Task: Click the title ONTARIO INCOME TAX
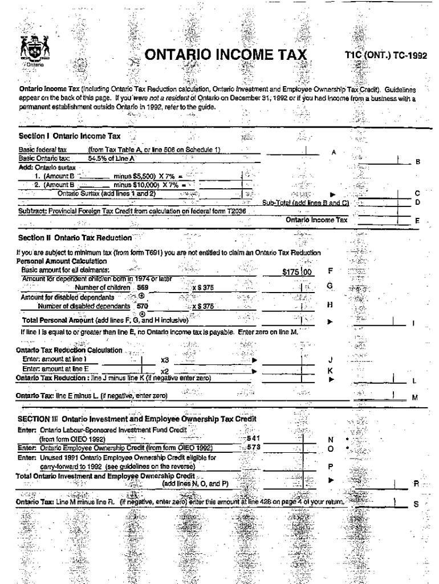[x=226, y=55]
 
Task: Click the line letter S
[x=416, y=504]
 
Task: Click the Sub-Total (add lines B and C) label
[x=305, y=202]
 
